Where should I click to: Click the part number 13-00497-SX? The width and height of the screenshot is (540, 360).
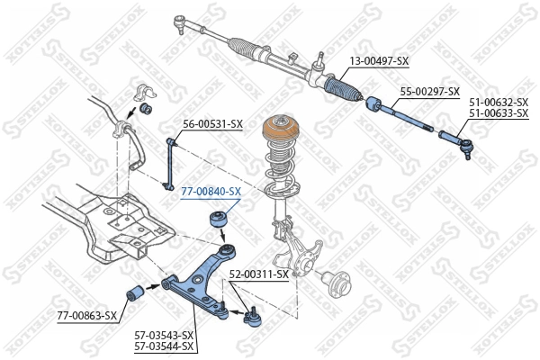[x=378, y=61]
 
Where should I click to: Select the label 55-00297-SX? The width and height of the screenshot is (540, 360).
[x=429, y=92]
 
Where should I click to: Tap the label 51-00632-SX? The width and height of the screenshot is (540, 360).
[x=498, y=103]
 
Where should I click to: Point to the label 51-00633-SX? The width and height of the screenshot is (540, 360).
[x=498, y=113]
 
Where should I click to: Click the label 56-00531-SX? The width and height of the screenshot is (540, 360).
[x=213, y=123]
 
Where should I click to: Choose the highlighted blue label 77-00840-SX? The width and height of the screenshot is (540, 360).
[x=211, y=192]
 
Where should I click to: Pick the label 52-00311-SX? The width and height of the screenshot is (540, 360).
[x=259, y=274]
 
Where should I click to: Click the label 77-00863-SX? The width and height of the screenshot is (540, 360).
[x=87, y=315]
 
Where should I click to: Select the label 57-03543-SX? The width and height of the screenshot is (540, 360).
[x=164, y=335]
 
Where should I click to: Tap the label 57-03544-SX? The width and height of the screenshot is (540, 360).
[x=164, y=346]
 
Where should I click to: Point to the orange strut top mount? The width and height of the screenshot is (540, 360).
[x=279, y=135]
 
